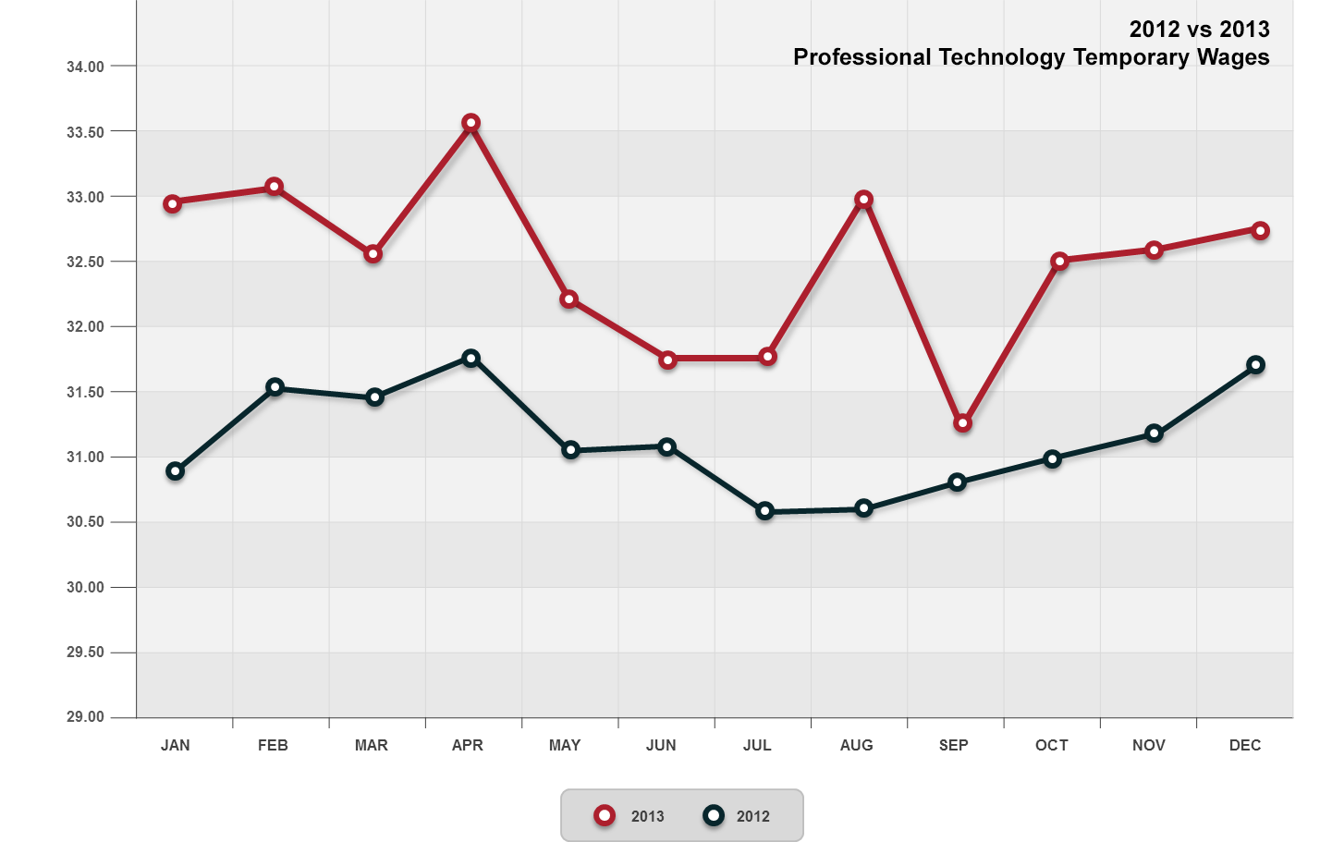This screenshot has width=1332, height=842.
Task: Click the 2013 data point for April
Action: click(470, 123)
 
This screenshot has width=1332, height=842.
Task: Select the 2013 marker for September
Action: click(962, 423)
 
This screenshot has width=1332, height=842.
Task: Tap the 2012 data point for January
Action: click(175, 471)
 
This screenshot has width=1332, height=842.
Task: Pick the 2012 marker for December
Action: click(1255, 365)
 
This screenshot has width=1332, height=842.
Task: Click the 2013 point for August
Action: click(863, 200)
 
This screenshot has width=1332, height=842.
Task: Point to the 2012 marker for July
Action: click(764, 511)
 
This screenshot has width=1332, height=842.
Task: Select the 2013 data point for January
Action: click(173, 203)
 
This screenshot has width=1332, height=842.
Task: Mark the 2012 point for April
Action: click(470, 359)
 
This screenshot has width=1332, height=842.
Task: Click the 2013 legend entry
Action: click(631, 816)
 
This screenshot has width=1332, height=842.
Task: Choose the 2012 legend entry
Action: click(737, 816)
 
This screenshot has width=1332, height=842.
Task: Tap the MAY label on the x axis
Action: click(565, 746)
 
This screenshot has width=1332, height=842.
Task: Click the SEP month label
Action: click(953, 746)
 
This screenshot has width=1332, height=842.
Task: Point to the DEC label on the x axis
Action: click(1245, 746)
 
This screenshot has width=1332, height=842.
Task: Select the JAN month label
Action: click(176, 746)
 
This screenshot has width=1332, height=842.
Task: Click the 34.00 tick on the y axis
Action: click(86, 67)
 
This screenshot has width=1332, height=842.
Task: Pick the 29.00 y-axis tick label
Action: click(86, 717)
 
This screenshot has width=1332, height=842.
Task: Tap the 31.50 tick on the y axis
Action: click(86, 392)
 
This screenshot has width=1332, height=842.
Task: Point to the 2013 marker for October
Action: click(1059, 262)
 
